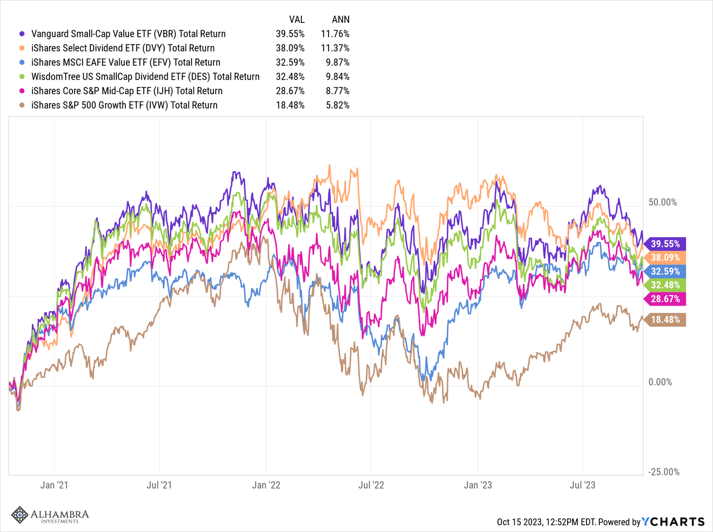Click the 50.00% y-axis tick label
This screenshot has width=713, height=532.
tap(663, 202)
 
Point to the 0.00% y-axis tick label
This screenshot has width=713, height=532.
tap(660, 382)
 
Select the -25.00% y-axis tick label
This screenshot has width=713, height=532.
tap(663, 472)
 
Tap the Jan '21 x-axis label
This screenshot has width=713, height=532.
tap(54, 485)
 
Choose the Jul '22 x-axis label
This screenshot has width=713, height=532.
tap(371, 485)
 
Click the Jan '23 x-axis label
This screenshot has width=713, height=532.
tap(477, 485)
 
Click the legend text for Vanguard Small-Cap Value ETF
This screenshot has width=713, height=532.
tap(128, 33)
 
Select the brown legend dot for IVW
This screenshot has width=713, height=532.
tap(22, 105)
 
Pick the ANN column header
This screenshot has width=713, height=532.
tap(340, 20)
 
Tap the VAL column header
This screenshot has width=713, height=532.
tap(296, 20)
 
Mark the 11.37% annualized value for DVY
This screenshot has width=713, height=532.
tap(335, 48)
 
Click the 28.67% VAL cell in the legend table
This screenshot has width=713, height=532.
tap(290, 91)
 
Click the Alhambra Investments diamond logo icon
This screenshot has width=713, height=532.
tap(20, 515)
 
